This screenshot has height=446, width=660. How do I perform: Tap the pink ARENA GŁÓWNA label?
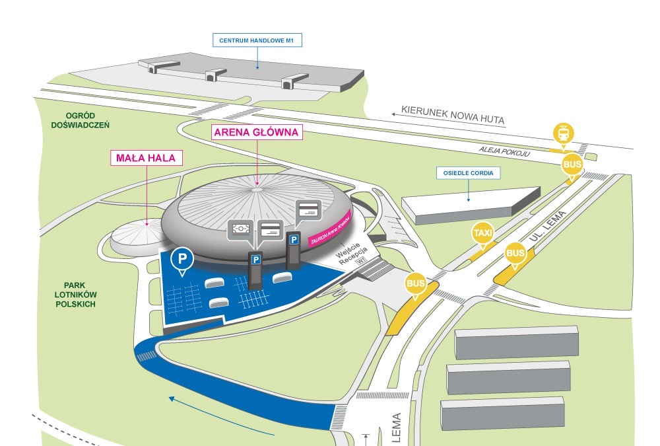(257, 131)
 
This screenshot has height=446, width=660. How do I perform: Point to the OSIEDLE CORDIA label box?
(468, 174)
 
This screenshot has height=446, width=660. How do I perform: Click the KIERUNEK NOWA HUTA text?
(453, 116)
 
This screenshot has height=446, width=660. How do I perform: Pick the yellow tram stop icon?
(563, 133)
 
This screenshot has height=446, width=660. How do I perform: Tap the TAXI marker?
(482, 233)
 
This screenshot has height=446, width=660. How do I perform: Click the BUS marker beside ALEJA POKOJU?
(572, 164)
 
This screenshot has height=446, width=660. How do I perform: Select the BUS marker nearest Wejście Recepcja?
(416, 284)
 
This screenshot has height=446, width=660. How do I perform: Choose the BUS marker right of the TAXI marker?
(515, 253)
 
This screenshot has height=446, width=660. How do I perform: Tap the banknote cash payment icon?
(241, 229)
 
